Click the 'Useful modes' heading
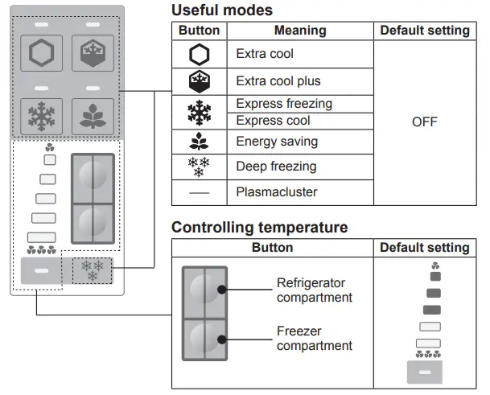click(222, 10)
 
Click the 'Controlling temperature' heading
click(259, 228)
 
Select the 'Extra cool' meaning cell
click(265, 55)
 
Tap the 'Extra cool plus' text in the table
click(278, 82)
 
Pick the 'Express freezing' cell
click(284, 104)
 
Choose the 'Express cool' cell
click(274, 121)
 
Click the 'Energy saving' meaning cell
click(277, 142)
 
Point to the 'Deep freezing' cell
click(276, 167)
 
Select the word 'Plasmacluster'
click(277, 192)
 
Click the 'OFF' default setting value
click(424, 122)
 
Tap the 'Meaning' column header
click(300, 31)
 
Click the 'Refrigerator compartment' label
click(315, 290)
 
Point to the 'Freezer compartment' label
click(315, 339)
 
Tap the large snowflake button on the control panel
click(39, 116)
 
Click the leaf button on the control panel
click(93, 116)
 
